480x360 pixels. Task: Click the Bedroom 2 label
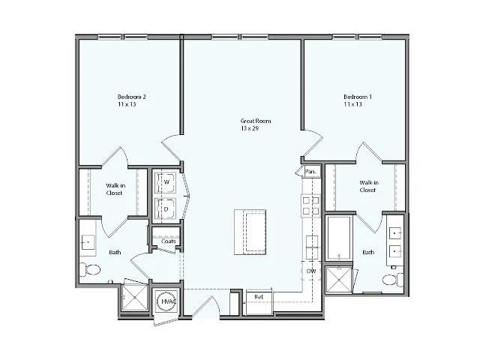pyautogui.click(x=131, y=97)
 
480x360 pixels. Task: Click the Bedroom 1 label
pyautogui.click(x=358, y=97)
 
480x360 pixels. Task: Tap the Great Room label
pyautogui.click(x=255, y=121)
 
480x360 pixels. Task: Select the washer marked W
pyautogui.click(x=165, y=182)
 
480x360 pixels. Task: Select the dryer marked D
pyautogui.click(x=165, y=208)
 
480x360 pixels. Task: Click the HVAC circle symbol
pyautogui.click(x=166, y=301)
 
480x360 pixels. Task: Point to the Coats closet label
pyautogui.click(x=168, y=241)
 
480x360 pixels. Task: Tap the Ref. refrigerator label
pyautogui.click(x=259, y=297)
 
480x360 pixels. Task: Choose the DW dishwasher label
pyautogui.click(x=311, y=271)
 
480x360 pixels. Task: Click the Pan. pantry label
pyautogui.click(x=310, y=172)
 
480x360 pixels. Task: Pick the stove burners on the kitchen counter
pyautogui.click(x=310, y=205)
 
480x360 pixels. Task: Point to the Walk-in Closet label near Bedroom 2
pyautogui.click(x=114, y=188)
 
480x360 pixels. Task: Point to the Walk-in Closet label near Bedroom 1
pyautogui.click(x=367, y=186)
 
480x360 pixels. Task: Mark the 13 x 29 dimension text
pyautogui.click(x=250, y=129)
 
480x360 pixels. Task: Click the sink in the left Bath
pyautogui.click(x=88, y=241)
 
